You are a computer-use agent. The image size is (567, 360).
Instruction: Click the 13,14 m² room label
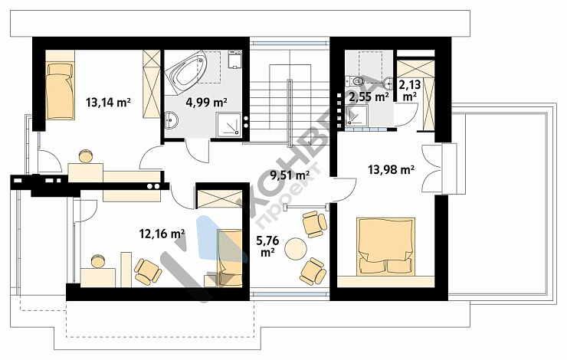click(108, 103)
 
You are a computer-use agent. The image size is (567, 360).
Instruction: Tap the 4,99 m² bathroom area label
click(206, 103)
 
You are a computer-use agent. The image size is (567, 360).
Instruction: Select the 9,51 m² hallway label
click(290, 175)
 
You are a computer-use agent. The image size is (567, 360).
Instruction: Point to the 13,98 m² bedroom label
click(391, 169)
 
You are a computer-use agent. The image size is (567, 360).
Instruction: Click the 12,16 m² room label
click(162, 234)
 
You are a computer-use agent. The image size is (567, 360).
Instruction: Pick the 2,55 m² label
click(369, 97)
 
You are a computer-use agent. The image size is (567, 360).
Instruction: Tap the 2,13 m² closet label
click(410, 90)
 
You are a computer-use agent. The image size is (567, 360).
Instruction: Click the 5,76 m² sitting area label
click(267, 246)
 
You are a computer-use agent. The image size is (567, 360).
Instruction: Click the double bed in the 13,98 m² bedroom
click(385, 247)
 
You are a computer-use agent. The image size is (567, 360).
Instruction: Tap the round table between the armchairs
click(296, 249)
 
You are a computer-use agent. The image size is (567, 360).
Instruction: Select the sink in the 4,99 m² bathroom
click(171, 119)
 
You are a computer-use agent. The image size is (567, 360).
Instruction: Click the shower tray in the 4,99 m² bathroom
click(228, 125)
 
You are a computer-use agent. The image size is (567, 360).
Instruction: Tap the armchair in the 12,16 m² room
click(148, 272)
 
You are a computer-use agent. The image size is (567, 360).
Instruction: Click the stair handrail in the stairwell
click(290, 113)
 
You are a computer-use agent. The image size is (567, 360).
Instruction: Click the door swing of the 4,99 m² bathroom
click(197, 151)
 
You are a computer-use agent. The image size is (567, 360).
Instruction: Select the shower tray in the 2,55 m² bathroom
click(356, 116)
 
